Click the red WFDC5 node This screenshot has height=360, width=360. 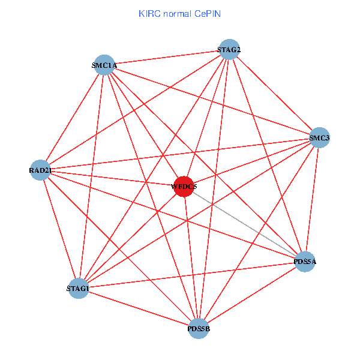tap(184, 187)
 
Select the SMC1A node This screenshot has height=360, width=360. tap(104, 65)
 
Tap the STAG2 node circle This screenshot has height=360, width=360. tap(229, 49)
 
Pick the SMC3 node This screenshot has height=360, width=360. tap(319, 138)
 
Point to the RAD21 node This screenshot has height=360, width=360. tap(40, 170)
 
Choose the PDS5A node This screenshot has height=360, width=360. tap(305, 262)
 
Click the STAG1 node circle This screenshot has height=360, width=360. tap(79, 289)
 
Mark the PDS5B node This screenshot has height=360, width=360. tap(199, 328)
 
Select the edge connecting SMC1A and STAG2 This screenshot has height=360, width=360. tap(167, 57)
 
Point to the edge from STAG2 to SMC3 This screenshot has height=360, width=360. tap(274, 94)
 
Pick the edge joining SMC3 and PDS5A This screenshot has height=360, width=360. tap(312, 200)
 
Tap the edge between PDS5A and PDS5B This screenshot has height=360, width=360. tap(252, 295)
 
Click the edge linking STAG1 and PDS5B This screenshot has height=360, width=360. tap(139, 308)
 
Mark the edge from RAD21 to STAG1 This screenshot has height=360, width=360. tap(59, 230)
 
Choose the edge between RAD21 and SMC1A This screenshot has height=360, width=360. tap(72, 118)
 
